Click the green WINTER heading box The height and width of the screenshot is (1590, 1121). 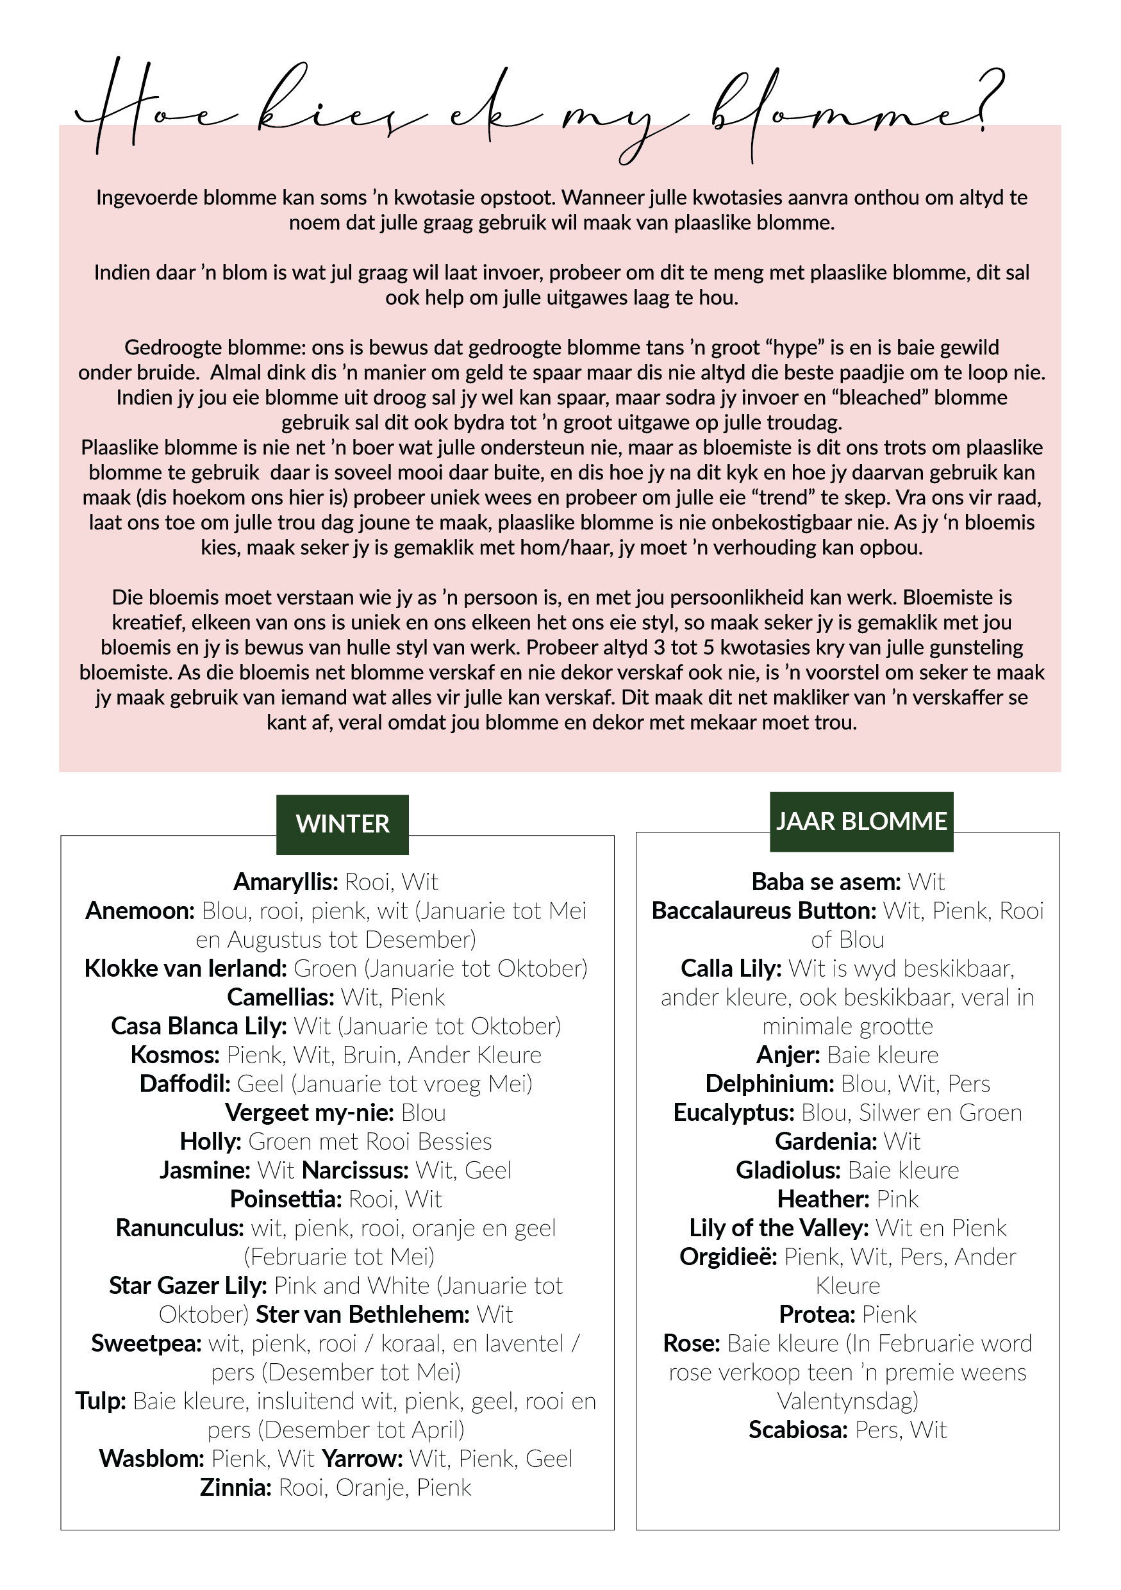pyautogui.click(x=342, y=824)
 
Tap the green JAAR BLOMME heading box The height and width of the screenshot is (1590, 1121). pyautogui.click(x=861, y=822)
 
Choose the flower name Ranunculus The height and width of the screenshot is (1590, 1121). pyautogui.click(x=179, y=1228)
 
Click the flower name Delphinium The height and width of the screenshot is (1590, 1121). pyautogui.click(x=769, y=1083)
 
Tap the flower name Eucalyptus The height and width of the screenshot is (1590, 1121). pyautogui.click(x=733, y=1112)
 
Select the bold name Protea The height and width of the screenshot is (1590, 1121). pyautogui.click(x=817, y=1314)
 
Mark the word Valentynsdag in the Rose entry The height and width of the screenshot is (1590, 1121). pyautogui.click(x=847, y=1400)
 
